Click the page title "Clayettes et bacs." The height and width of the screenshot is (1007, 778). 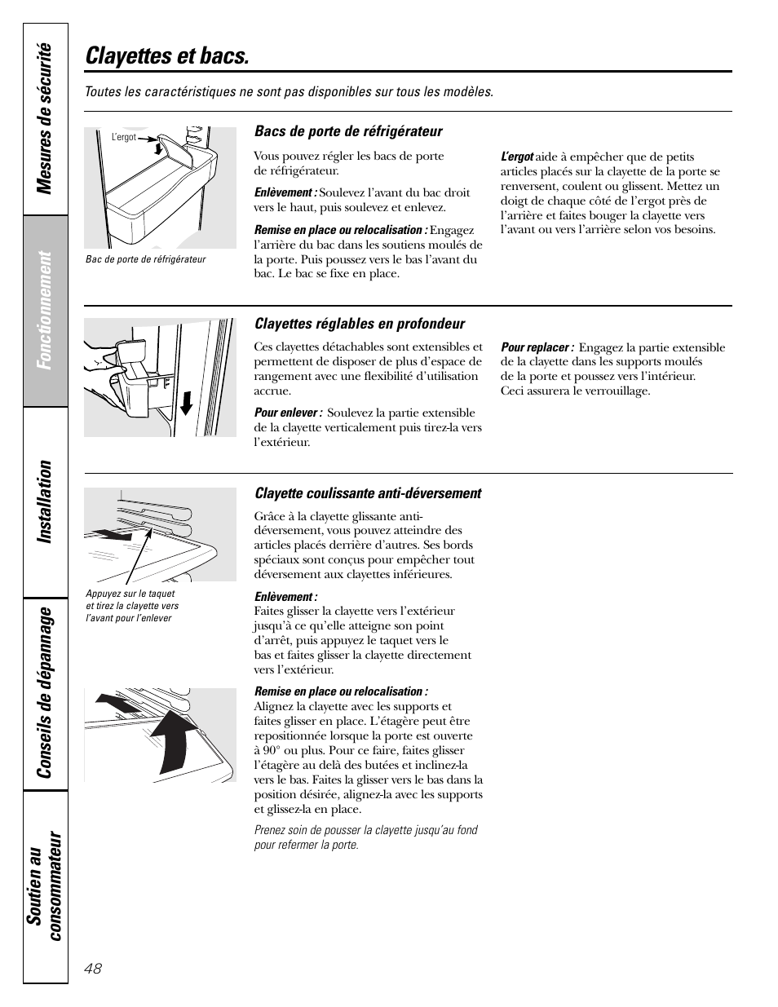click(167, 56)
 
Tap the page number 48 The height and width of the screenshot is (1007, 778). click(92, 968)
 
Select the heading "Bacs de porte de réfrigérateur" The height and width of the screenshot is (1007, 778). click(348, 131)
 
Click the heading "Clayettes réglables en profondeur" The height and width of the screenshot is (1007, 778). click(360, 324)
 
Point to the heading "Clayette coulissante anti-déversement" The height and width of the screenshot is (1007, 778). click(368, 493)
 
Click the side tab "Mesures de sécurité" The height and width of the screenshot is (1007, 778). click(46, 118)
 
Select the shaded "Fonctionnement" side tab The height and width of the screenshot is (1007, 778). click(46, 310)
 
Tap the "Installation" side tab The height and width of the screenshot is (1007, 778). click(46, 501)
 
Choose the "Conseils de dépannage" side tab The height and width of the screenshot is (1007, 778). click(46, 691)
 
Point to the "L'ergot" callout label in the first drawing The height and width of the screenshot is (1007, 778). click(124, 138)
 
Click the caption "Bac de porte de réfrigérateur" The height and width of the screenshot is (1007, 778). click(145, 259)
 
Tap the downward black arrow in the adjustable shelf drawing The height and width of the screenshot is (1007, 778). click(187, 403)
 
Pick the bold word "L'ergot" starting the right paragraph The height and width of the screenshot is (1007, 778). click(517, 157)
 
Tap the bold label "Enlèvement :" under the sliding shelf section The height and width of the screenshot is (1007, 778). click(285, 597)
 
